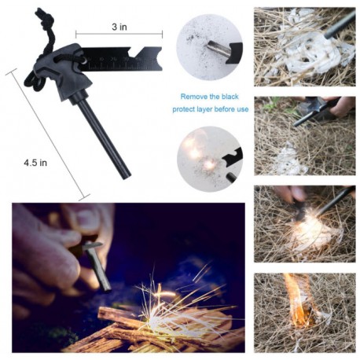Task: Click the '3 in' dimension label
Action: (119, 27)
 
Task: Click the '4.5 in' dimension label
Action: (35, 163)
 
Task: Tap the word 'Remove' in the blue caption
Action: (194, 97)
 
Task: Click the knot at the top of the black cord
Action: (44, 17)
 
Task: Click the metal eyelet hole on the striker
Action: (84, 61)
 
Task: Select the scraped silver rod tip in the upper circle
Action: (215, 47)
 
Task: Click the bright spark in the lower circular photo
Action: (209, 165)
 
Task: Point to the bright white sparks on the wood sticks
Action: (167, 309)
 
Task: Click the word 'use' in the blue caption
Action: (241, 109)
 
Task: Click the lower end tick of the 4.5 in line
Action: (84, 197)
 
